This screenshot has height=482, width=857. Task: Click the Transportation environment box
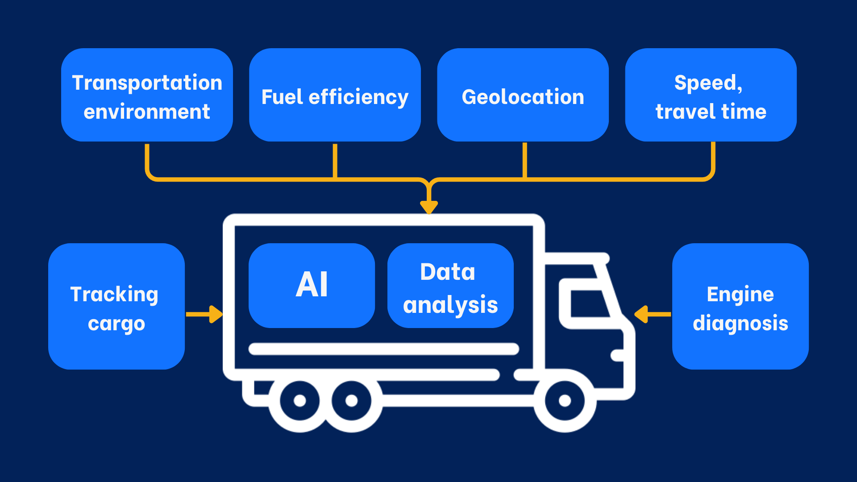[147, 95]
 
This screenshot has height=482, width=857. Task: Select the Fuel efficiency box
[335, 95]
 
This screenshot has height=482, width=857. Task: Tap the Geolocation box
[523, 95]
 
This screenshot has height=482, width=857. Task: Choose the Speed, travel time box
[711, 95]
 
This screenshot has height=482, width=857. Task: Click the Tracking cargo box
[116, 306]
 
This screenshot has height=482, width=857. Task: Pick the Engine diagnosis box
[740, 306]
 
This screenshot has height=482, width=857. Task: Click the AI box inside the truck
[312, 286]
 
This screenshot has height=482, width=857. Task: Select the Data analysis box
[450, 286]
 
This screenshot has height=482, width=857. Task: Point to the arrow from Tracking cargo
[204, 314]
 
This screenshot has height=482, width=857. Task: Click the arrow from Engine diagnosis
[652, 314]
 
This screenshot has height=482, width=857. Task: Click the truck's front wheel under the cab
[565, 400]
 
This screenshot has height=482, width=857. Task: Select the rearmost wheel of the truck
[300, 400]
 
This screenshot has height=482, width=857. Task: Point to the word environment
[147, 112]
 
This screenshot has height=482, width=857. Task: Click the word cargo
[116, 324]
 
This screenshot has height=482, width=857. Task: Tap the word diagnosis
[740, 323]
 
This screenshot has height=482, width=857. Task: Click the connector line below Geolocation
[524, 161]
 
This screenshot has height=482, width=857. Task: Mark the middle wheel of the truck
[351, 400]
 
